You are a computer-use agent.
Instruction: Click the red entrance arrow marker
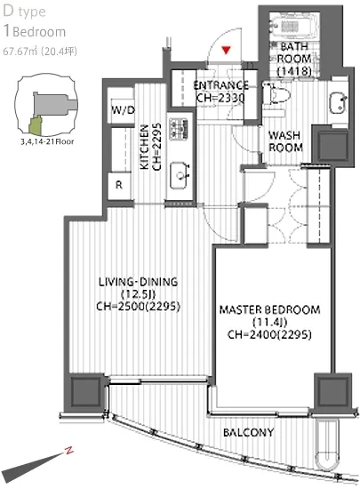click(226, 50)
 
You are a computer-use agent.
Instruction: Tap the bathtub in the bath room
click(294, 26)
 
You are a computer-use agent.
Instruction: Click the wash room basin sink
click(338, 103)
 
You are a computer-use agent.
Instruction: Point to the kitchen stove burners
click(178, 129)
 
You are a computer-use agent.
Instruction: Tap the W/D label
click(124, 109)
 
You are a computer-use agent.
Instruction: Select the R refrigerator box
click(119, 185)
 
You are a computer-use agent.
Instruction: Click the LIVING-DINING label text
click(138, 282)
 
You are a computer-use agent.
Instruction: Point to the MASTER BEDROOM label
click(269, 309)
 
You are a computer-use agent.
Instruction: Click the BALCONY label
click(248, 432)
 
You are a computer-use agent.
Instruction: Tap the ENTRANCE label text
click(221, 85)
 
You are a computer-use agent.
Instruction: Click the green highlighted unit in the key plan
click(35, 124)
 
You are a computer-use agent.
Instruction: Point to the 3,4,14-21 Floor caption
click(47, 141)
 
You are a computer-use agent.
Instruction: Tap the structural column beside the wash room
click(332, 145)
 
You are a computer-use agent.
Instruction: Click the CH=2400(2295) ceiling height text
click(269, 334)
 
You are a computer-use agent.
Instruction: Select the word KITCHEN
click(144, 148)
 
